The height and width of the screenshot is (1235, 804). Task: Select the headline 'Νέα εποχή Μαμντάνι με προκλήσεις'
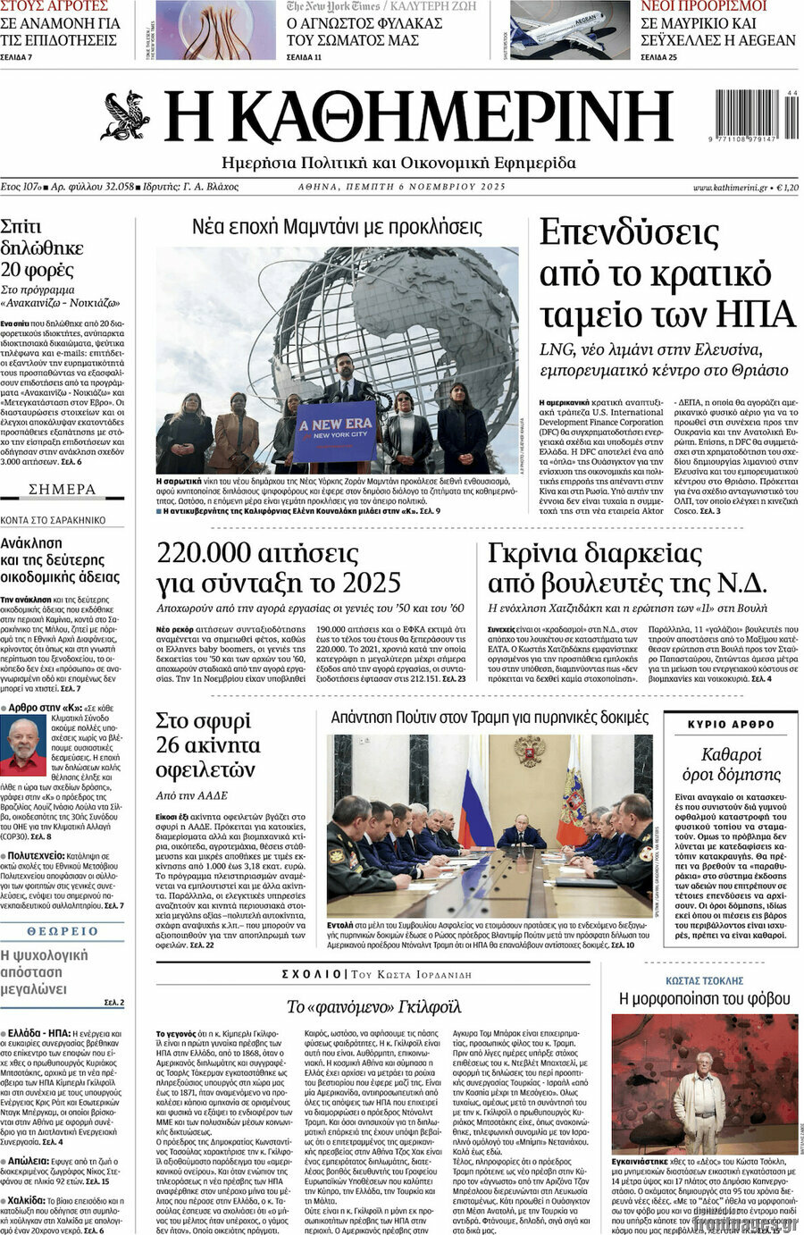(x=337, y=227)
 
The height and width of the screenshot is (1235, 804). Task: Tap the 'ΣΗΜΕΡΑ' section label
(x=63, y=490)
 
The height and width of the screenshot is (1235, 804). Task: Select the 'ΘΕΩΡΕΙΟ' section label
(x=63, y=931)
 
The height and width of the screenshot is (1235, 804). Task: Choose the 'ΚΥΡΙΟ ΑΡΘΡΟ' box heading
(x=732, y=724)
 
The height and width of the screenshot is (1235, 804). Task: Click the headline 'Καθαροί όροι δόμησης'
(x=731, y=765)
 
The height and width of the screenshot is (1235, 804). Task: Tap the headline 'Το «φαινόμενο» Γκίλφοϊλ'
(x=373, y=1007)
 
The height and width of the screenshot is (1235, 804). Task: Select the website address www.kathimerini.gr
(x=730, y=188)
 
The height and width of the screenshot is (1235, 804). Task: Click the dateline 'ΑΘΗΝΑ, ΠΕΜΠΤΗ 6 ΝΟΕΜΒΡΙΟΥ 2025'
(x=401, y=187)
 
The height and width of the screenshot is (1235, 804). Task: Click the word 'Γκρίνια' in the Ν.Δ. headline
(x=531, y=555)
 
